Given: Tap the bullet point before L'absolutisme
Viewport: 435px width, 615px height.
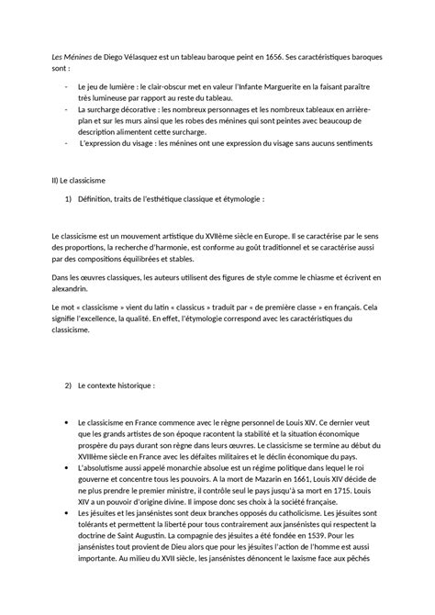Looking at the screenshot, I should [68, 468].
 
